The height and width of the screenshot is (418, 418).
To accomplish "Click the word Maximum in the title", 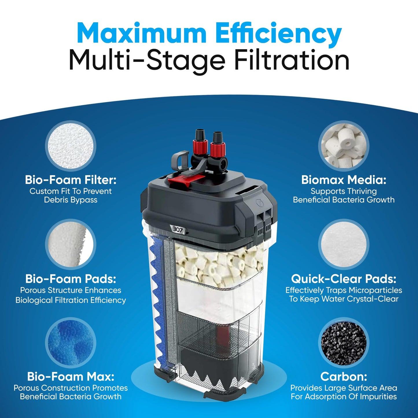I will tap(141, 33).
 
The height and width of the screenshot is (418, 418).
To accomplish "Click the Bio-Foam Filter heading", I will tap(71, 180).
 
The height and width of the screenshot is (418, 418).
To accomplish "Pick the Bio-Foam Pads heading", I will tap(71, 279).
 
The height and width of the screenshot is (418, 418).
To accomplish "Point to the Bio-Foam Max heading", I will tap(71, 377).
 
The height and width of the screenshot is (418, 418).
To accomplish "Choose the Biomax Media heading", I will tap(344, 180).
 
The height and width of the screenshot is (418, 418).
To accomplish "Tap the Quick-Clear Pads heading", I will tap(344, 279).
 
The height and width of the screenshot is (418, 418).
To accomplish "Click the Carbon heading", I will tap(344, 377).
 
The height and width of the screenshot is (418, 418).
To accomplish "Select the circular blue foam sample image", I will tap(71, 343).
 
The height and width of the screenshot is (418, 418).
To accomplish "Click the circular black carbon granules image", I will tap(344, 343).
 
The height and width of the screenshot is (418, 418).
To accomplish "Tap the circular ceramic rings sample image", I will tap(344, 146).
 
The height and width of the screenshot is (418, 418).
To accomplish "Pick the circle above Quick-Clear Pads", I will tap(344, 244).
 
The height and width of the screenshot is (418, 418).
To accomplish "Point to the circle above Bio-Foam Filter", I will tap(71, 146).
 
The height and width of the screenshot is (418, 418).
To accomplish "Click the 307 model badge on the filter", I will tap(178, 230).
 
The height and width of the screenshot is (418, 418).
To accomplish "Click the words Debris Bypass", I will tap(71, 200).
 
